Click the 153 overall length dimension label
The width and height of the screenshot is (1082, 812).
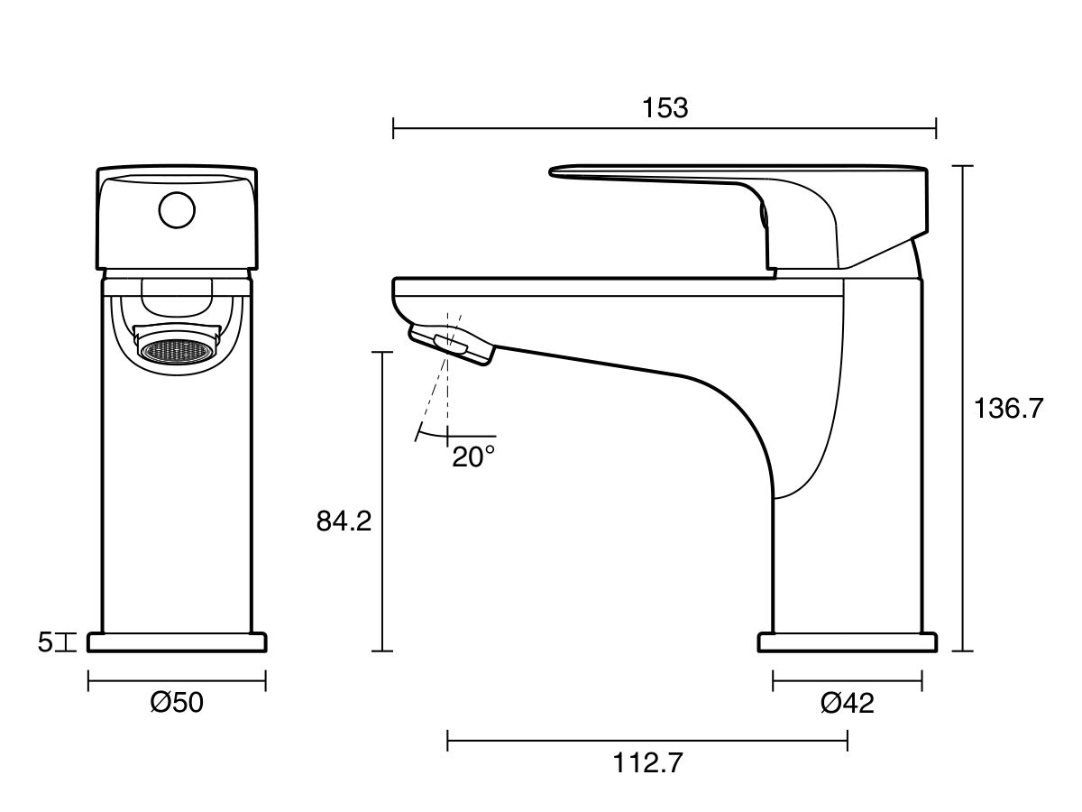point(665,107)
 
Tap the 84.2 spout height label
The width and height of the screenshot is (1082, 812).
point(344,521)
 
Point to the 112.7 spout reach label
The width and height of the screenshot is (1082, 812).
point(648,763)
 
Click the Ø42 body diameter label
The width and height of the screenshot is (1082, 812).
point(847,703)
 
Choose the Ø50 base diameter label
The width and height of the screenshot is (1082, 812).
point(177,702)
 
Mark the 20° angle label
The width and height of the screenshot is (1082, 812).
point(473,457)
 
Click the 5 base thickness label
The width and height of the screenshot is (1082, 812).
point(45,642)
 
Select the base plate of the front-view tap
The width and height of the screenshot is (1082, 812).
point(177,642)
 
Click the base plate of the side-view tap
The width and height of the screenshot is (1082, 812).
point(847,642)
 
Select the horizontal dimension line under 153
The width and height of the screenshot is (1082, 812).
point(541,128)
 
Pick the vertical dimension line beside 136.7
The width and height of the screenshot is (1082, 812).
point(963,541)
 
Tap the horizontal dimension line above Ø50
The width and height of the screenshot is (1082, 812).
point(177,680)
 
